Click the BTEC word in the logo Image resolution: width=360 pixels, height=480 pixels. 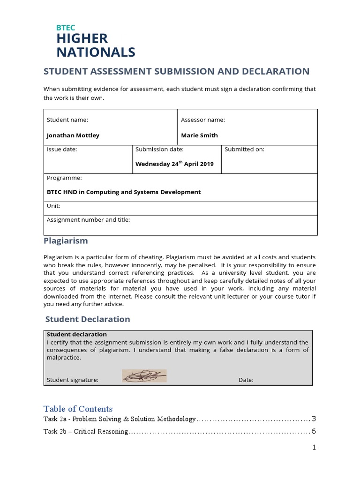pyautogui.click(x=66, y=28)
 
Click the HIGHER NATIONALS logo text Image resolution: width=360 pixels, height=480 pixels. pyautogui.click(x=96, y=45)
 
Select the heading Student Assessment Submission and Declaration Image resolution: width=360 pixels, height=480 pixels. pyautogui.click(x=176, y=71)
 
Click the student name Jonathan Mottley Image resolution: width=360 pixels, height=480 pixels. pyautogui.click(x=73, y=135)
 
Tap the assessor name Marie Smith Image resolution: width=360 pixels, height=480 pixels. pyautogui.click(x=199, y=135)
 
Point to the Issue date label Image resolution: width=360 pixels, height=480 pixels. pyautogui.click(x=62, y=149)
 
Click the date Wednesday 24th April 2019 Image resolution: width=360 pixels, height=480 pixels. pyautogui.click(x=174, y=164)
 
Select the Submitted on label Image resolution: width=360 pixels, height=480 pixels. pyautogui.click(x=244, y=149)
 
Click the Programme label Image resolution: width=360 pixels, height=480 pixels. pyautogui.click(x=64, y=178)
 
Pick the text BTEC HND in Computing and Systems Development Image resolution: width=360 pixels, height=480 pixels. pyautogui.click(x=124, y=192)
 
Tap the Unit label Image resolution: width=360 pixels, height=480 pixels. pyautogui.click(x=53, y=206)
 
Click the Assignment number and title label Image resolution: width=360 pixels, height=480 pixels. pyautogui.click(x=88, y=219)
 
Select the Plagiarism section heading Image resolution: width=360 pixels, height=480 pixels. pyautogui.click(x=66, y=241)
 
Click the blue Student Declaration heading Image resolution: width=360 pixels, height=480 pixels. pyautogui.click(x=87, y=319)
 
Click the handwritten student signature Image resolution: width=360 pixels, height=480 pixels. pyautogui.click(x=144, y=376)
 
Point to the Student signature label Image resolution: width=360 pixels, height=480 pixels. pyautogui.click(x=73, y=380)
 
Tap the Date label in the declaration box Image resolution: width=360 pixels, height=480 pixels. pyautogui.click(x=246, y=380)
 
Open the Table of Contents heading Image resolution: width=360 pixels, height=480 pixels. pyautogui.click(x=78, y=409)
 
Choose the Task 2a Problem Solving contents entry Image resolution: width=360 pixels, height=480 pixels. pyautogui.click(x=120, y=419)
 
